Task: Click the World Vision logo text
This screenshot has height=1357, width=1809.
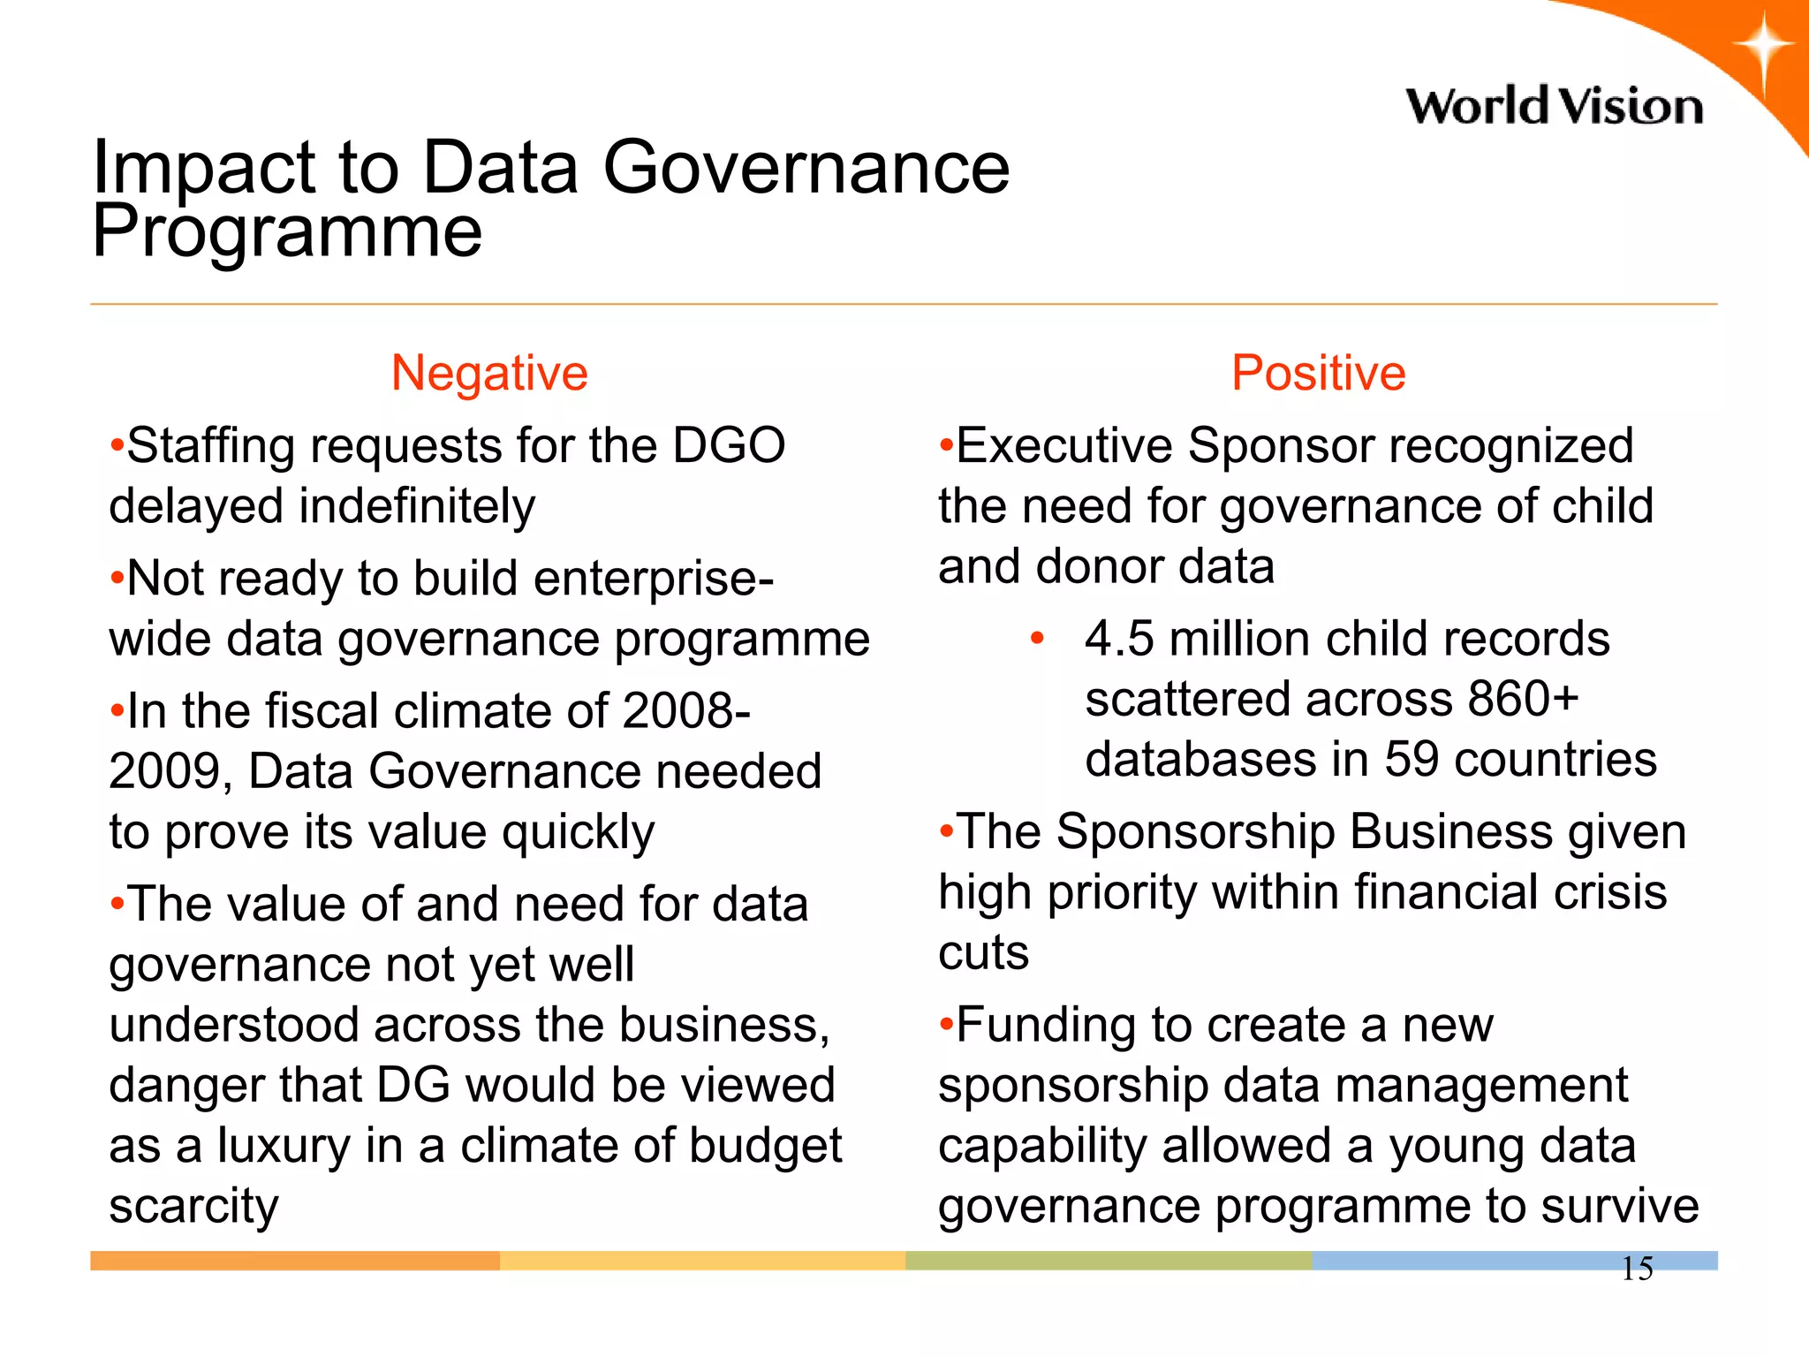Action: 1554,107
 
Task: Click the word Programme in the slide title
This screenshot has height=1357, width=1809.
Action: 287,231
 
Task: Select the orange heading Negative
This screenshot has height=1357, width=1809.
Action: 489,373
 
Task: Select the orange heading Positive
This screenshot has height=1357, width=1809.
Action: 1318,373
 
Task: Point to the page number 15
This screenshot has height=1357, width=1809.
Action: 1637,1269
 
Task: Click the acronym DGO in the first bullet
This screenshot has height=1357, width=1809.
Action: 729,445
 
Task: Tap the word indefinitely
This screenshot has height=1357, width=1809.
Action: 417,506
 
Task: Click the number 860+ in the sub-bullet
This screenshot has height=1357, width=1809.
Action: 1522,699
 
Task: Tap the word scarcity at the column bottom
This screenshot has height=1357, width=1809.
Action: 193,1207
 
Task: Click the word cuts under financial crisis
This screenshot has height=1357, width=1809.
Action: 983,953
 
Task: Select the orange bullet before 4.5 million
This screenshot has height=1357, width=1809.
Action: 1037,638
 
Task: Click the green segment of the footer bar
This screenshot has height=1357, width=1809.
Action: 1109,1261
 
